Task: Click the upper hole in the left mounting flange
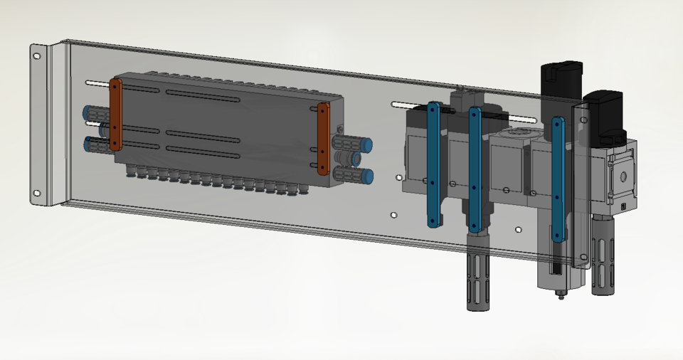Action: coord(37,55)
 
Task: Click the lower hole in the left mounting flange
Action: coord(37,191)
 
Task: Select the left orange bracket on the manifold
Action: coord(115,115)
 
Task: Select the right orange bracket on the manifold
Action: coord(323,138)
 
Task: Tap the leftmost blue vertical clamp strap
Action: coord(433,164)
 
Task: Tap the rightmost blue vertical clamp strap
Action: coord(558,179)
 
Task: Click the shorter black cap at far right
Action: coord(605,111)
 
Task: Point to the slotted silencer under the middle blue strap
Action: coord(475,280)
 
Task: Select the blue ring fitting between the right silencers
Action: coord(356,160)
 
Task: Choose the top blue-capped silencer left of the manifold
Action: coord(94,112)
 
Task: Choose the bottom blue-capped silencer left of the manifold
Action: coord(95,145)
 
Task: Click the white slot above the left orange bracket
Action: coord(98,83)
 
